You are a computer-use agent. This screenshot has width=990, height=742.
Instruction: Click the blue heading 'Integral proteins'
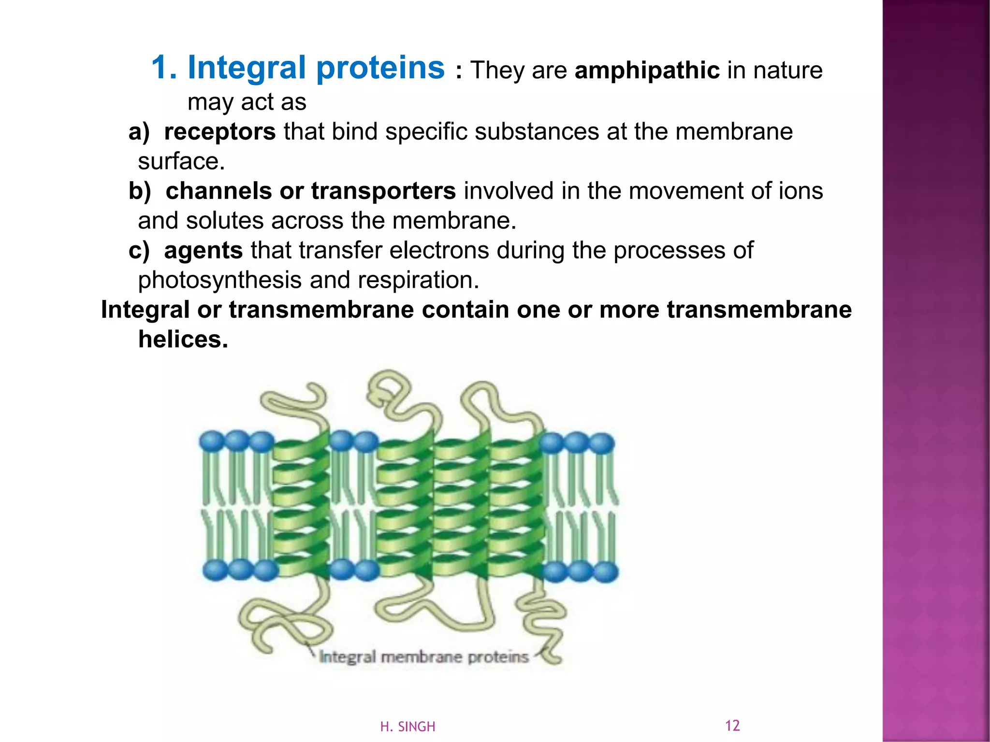316,68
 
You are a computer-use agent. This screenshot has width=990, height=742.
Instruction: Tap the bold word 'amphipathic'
647,71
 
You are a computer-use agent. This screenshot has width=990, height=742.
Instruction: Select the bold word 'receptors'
220,132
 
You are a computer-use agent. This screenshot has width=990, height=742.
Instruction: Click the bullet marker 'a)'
139,132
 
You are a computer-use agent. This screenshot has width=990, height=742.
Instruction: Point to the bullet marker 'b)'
140,191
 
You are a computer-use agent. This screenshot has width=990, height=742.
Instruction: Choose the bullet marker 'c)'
139,251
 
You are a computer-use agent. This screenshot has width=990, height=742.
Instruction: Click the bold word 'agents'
204,251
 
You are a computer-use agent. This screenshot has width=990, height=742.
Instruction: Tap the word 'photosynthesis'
219,280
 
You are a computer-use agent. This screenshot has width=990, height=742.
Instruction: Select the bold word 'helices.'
183,340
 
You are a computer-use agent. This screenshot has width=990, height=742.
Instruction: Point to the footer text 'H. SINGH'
408,727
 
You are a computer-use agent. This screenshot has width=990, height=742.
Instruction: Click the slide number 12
732,726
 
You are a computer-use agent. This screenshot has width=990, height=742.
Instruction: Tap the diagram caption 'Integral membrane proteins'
424,657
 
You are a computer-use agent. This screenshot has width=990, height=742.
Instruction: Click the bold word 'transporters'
383,191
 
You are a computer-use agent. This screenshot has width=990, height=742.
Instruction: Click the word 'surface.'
181,162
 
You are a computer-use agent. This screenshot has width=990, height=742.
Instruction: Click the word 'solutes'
224,221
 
